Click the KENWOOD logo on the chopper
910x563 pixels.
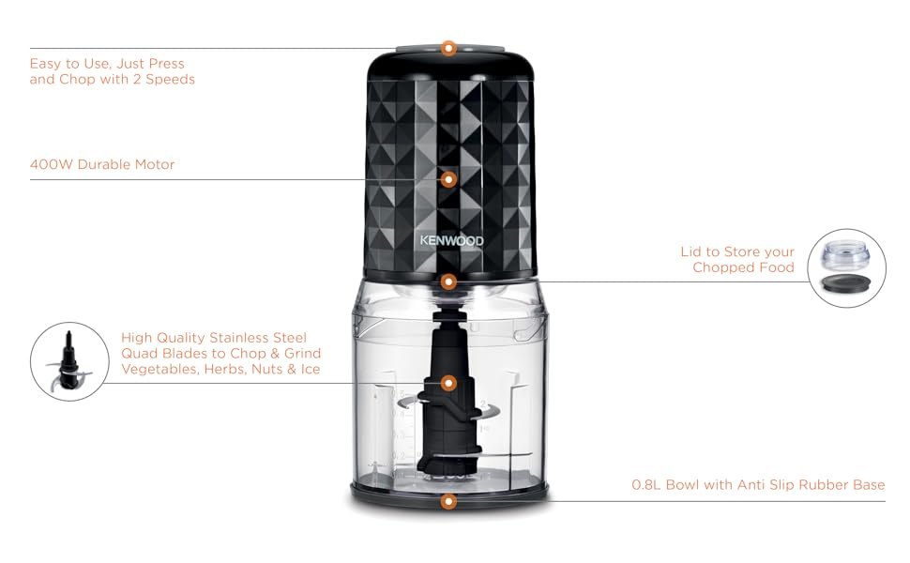(451, 240)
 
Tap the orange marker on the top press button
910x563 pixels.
(448, 48)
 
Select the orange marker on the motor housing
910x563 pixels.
(448, 180)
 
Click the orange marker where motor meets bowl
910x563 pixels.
(448, 282)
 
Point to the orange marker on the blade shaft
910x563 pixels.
(448, 383)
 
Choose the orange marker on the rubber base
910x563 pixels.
(448, 501)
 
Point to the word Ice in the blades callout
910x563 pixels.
(311, 369)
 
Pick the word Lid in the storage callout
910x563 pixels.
(691, 251)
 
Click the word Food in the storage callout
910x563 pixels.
(777, 267)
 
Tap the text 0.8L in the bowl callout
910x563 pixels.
(646, 484)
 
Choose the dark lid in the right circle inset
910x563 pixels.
(846, 282)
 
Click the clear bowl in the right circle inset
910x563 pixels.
(846, 255)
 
